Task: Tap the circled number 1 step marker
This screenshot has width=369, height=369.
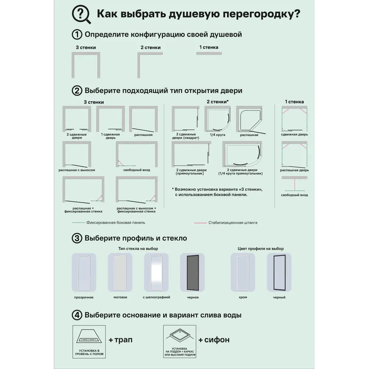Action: (x=76, y=35)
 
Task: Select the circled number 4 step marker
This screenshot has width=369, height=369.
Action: (x=76, y=315)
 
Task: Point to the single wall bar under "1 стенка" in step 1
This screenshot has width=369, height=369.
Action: (x=209, y=54)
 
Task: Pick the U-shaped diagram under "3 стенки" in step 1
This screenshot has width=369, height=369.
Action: (x=86, y=65)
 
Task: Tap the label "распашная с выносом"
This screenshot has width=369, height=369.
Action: (x=77, y=170)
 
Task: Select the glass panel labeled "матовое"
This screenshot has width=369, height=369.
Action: (x=120, y=272)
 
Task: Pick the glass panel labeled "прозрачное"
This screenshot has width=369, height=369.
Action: (x=83, y=272)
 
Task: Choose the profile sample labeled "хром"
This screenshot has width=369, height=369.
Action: (x=243, y=272)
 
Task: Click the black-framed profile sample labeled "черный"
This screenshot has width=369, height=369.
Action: (x=279, y=272)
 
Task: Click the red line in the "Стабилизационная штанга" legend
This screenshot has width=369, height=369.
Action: (x=200, y=223)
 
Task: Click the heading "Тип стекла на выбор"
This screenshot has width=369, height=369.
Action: (x=138, y=249)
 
